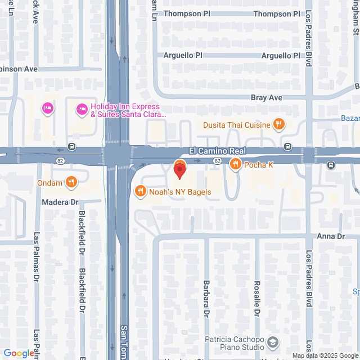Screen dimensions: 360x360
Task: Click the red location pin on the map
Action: pyautogui.click(x=180, y=169)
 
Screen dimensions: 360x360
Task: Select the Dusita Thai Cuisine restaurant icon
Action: pyautogui.click(x=277, y=124)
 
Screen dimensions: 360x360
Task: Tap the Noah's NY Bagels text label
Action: pyautogui.click(x=180, y=192)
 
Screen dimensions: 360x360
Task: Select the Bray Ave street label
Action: pyautogui.click(x=266, y=97)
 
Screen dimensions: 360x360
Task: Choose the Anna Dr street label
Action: pyautogui.click(x=330, y=237)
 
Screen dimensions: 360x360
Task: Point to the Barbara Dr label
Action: pyautogui.click(x=206, y=298)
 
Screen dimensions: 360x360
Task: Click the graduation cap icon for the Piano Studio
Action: pyautogui.click(x=272, y=342)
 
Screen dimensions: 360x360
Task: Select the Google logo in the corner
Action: pyautogui.click(x=19, y=353)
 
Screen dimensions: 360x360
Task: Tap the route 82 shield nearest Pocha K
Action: pyautogui.click(x=217, y=161)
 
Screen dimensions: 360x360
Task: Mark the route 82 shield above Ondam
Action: pyautogui.click(x=60, y=161)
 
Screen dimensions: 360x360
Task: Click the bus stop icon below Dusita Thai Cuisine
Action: pyautogui.click(x=288, y=147)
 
